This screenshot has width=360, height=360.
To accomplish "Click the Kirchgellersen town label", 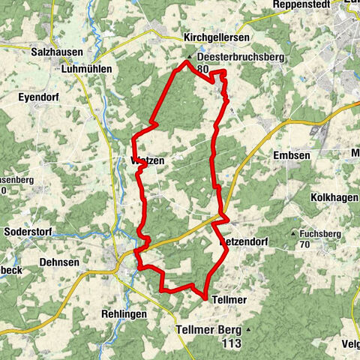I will (x=217, y=37).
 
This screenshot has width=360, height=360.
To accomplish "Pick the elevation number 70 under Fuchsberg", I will (x=304, y=245).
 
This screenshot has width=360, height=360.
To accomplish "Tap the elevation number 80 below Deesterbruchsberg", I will (x=202, y=69).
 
